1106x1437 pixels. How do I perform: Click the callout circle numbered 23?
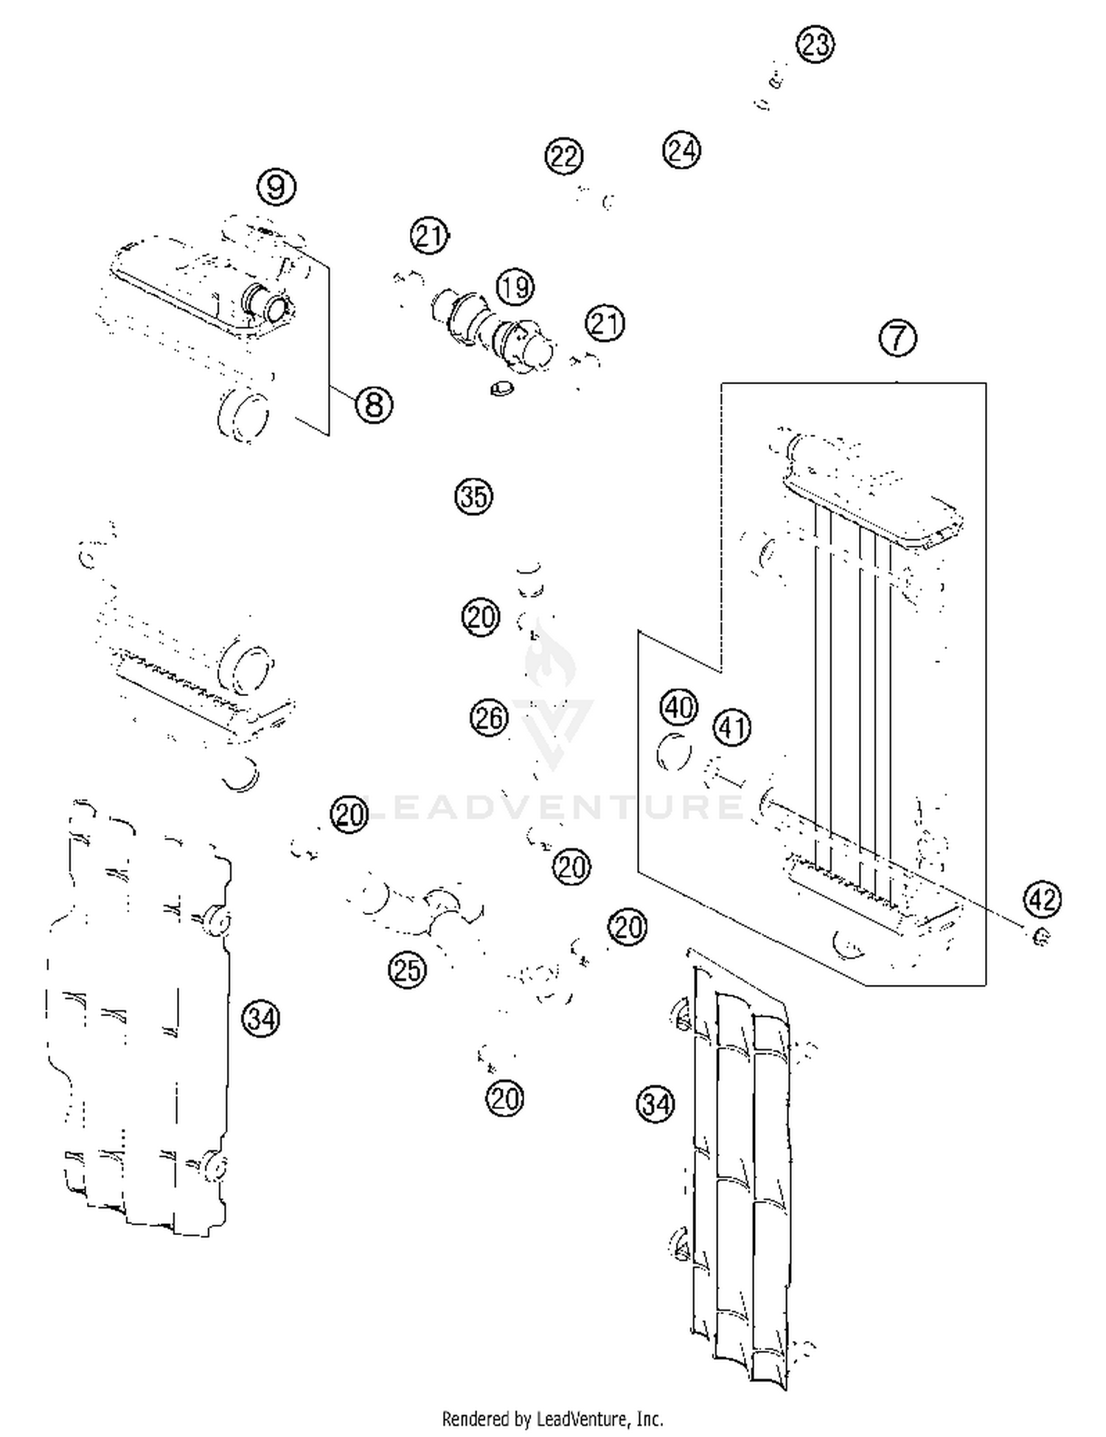coord(815,45)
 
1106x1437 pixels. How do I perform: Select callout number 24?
coord(681,150)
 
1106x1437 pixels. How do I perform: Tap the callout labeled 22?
coord(564,156)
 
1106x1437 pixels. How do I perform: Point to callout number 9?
coord(276,187)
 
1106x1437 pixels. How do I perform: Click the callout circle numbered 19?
coord(515,287)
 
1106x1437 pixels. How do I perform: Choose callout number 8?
coord(374,405)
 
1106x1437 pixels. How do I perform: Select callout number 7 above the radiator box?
coord(897,338)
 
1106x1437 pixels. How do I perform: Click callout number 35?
coord(473,496)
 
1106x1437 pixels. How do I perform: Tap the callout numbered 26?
coord(489,717)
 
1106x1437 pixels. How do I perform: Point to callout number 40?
coord(678,707)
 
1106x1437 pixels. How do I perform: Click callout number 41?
coord(731,728)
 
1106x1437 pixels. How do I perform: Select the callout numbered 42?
coord(1042,899)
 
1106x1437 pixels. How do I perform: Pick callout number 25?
coord(408,970)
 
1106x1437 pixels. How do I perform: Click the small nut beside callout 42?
coord(1041,938)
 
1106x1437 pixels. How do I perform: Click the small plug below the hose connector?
coord(501,387)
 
